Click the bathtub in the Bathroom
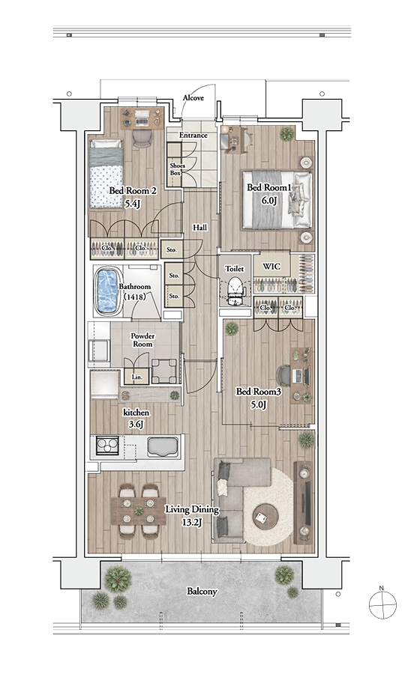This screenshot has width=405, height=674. (x=107, y=291)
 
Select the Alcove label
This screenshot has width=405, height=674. (x=193, y=98)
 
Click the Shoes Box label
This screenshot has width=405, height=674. (x=177, y=169)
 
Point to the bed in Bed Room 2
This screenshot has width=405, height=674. (x=106, y=173)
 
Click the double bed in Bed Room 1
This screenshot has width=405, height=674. (x=277, y=200)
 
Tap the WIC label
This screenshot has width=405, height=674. (x=271, y=267)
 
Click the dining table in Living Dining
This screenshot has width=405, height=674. (x=139, y=511)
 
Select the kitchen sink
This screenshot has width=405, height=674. (x=163, y=447)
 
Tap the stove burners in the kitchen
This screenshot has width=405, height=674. (x=107, y=446)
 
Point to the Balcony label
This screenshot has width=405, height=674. (x=202, y=592)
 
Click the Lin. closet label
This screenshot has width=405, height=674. (x=136, y=377)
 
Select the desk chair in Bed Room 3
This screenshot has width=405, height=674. (x=283, y=376)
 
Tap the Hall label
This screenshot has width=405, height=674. (x=199, y=228)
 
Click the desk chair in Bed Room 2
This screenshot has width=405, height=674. (x=142, y=139)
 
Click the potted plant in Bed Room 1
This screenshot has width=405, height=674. (x=287, y=134)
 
